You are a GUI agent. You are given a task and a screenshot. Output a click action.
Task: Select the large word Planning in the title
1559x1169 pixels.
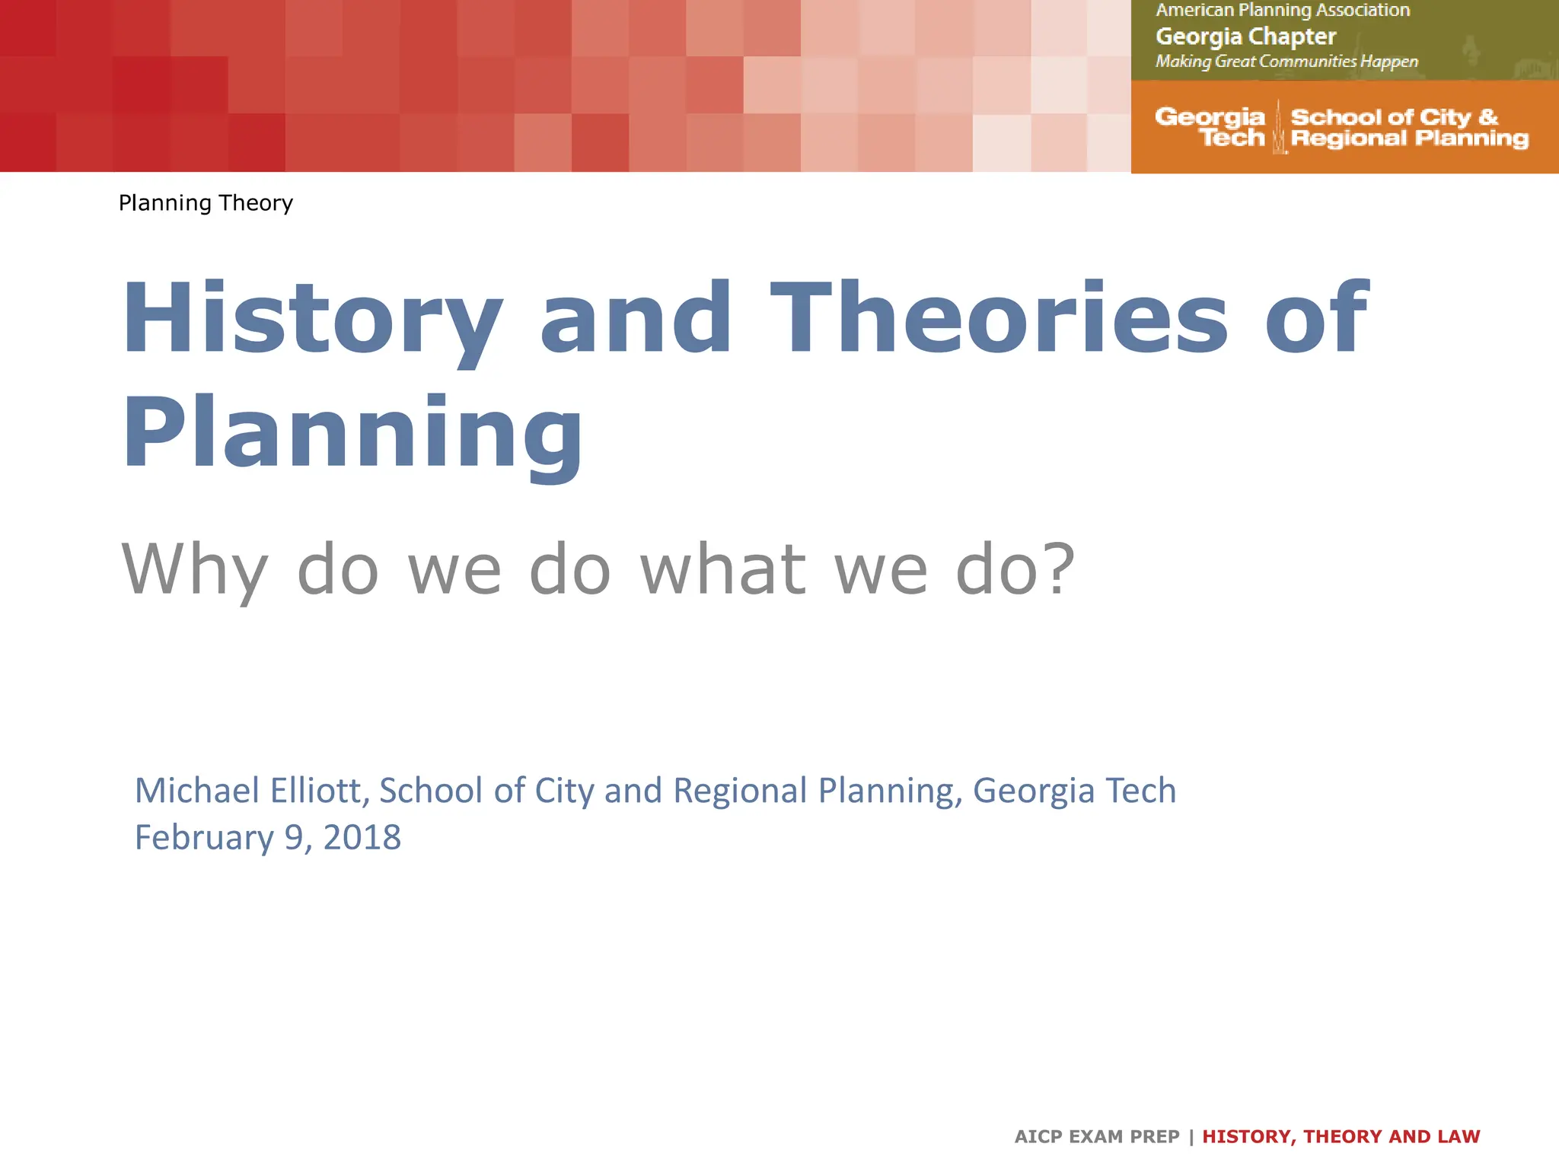352,434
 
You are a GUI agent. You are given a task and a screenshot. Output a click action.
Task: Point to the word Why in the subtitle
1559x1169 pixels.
195,571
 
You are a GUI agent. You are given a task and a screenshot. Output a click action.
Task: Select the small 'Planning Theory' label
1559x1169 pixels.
206,203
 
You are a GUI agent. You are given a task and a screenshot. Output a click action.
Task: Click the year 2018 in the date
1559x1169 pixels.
362,837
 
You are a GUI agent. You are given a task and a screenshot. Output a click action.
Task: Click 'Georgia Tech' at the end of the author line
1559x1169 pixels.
1074,790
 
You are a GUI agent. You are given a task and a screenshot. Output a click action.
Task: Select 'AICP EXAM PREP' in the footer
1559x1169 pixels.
1096,1136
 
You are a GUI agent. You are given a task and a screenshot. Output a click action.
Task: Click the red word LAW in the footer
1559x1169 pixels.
1459,1136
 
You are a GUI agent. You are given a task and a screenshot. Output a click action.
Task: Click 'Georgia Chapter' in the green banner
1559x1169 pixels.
1245,37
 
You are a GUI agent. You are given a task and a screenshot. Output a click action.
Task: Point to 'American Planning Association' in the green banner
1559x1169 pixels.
1283,11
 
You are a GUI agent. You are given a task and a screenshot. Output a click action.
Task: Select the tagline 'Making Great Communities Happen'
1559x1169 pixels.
1286,62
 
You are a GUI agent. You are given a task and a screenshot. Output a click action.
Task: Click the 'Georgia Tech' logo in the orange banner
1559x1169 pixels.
1210,127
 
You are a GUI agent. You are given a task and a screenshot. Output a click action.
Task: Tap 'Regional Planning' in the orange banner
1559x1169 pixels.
1410,139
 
